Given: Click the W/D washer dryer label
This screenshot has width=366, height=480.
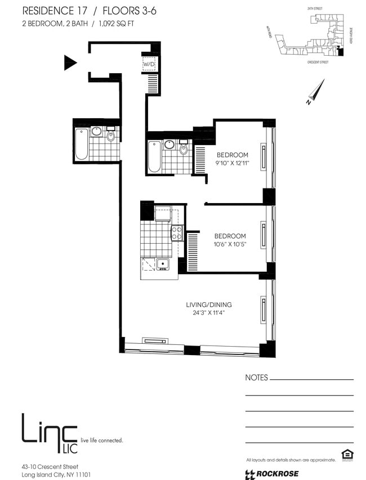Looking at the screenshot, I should [149, 65].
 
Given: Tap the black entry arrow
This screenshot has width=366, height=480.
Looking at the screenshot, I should [70, 62].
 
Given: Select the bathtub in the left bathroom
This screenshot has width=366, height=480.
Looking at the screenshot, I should [82, 145].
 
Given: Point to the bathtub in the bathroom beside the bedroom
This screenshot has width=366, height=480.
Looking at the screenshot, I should [154, 156].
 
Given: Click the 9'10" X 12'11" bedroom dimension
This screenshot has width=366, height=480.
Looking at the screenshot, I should [233, 164].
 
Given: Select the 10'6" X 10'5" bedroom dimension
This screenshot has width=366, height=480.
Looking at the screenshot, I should [229, 244].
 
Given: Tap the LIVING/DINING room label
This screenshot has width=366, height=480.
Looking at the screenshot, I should [208, 304].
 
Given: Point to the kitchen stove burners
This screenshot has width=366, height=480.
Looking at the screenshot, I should [177, 233].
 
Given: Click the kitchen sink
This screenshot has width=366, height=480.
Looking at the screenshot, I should [163, 263].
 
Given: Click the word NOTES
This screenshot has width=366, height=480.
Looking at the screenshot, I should [257, 378].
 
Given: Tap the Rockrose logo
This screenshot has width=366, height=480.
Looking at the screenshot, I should [272, 474].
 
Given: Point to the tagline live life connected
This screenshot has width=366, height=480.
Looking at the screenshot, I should [102, 440].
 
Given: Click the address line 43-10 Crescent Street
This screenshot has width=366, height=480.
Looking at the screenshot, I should [50, 466].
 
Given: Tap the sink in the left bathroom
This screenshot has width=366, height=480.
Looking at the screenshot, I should [96, 132].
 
